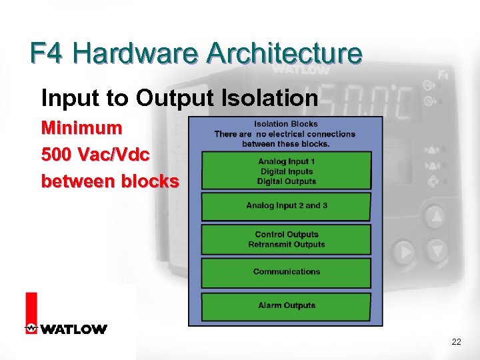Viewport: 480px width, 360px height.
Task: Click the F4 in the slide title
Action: pos(49,54)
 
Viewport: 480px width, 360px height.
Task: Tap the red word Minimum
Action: pos(81,127)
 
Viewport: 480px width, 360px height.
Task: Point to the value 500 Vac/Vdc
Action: pos(95,154)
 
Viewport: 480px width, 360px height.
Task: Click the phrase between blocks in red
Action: pos(110,181)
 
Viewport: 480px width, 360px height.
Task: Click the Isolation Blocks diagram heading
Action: pos(286,124)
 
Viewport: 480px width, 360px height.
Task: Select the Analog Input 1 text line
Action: pos(287,161)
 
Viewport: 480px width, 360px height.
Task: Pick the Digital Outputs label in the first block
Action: pos(287,181)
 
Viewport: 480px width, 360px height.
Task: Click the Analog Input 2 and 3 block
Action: pos(286,206)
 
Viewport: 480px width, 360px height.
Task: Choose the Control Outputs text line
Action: pos(287,235)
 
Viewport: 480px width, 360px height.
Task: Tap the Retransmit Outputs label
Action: pos(287,245)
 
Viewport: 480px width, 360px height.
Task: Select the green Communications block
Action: pos(286,273)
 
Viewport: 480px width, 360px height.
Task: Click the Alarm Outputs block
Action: pos(286,306)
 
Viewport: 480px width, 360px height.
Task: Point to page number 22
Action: pos(456,342)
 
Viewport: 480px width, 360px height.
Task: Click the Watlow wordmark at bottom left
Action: pos(73,329)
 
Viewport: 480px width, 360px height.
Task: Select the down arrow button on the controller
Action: pos(437,251)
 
